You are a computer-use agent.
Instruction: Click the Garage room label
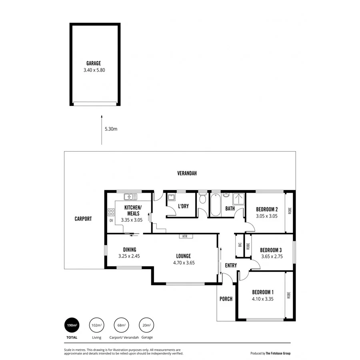[x=94, y=63]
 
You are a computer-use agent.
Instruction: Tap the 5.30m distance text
[x=111, y=129]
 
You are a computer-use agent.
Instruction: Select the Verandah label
[x=187, y=173]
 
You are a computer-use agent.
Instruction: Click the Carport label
[x=83, y=219]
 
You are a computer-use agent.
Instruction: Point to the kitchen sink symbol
[x=130, y=196]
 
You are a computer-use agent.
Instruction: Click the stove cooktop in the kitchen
[x=110, y=212]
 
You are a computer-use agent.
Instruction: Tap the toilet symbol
[x=202, y=199]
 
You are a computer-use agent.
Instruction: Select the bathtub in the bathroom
[x=215, y=204]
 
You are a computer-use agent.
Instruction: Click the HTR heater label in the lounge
[x=184, y=236]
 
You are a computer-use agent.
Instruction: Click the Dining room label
[x=130, y=250]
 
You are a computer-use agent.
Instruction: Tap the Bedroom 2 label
[x=267, y=209]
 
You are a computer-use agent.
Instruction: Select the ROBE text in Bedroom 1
[x=289, y=296]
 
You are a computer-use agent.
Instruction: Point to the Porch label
[x=226, y=299]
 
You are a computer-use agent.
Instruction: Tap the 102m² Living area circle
[x=96, y=326]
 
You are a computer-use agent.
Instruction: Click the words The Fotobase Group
[x=278, y=353]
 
